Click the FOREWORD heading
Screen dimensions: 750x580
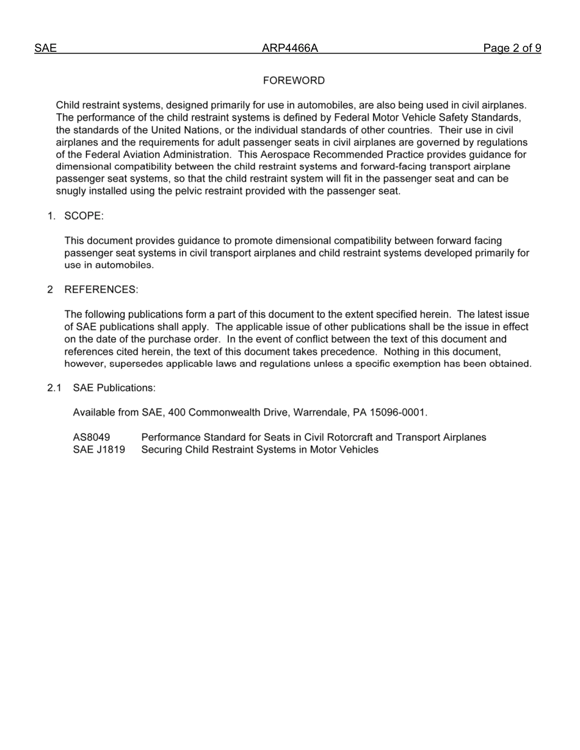click(x=294, y=80)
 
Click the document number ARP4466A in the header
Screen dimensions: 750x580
click(x=290, y=49)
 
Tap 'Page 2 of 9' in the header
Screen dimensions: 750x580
click(x=512, y=49)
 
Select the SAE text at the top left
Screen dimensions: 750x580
click(x=45, y=49)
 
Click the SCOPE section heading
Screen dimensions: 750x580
click(x=84, y=216)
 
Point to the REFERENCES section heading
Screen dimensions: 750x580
click(x=101, y=290)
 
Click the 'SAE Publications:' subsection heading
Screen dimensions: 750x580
click(x=114, y=388)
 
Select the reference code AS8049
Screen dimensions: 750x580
click(x=92, y=437)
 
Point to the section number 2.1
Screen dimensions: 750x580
click(x=54, y=388)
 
